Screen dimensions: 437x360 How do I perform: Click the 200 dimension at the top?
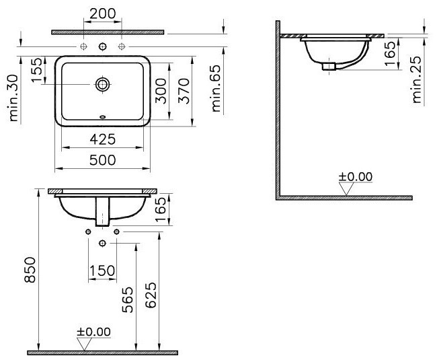tap(103, 13)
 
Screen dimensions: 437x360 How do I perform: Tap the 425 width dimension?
tap(102, 139)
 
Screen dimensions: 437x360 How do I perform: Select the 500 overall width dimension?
tap(102, 160)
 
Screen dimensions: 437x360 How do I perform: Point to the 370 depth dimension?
tap(184, 91)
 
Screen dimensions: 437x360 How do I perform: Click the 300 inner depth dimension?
tap(161, 91)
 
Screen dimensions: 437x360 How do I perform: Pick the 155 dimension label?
tap(37, 70)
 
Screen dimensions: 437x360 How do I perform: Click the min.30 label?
tap(13, 98)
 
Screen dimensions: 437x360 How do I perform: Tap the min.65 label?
tap(216, 88)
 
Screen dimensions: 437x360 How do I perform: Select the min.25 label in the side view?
tap(416, 80)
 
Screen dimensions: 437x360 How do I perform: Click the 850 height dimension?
tap(30, 270)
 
